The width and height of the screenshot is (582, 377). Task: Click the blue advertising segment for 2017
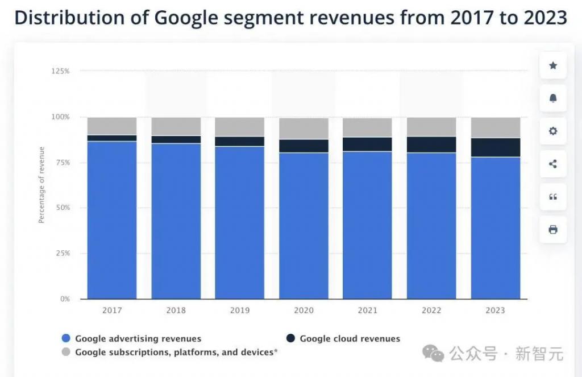[112, 219]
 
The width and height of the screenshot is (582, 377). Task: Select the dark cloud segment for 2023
[496, 147]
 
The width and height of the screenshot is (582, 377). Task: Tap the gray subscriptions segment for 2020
[304, 129]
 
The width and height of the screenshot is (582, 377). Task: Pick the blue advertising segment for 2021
[367, 225]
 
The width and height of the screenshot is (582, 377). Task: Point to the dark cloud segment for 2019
[239, 141]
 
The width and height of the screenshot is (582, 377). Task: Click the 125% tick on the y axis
[61, 71]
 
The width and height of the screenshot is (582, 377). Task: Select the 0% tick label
[64, 299]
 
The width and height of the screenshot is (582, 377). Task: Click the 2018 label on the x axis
[176, 310]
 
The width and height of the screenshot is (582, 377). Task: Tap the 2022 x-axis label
[431, 310]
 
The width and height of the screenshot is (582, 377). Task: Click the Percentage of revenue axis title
[41, 185]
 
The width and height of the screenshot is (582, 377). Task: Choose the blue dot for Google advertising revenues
[65, 339]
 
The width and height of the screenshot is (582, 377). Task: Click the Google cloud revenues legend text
[350, 339]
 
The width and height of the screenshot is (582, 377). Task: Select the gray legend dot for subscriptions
[65, 353]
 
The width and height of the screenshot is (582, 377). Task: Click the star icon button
[552, 65]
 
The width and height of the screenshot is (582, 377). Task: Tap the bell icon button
[552, 98]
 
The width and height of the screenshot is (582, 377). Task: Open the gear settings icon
[552, 131]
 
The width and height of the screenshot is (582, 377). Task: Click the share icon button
[552, 164]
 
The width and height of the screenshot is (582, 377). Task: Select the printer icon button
[552, 230]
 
